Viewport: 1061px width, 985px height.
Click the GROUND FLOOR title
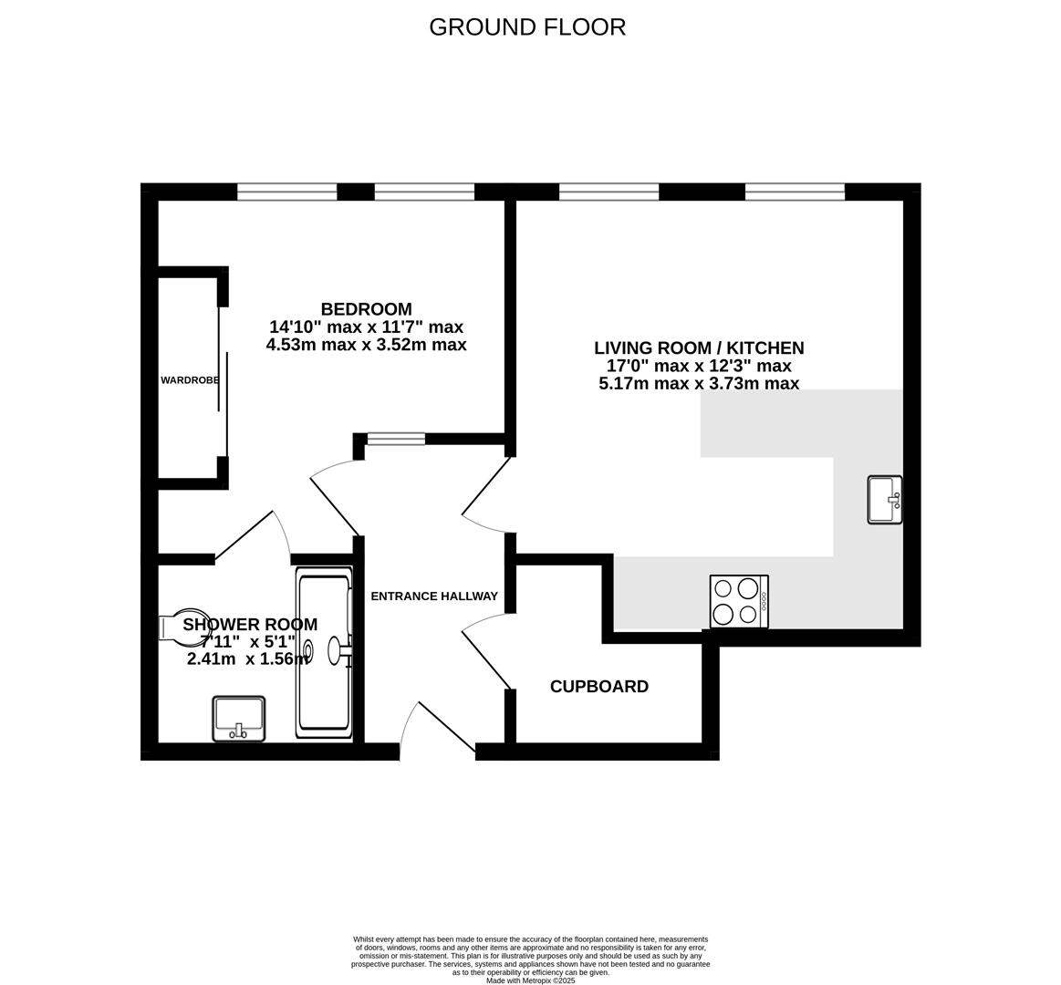click(x=527, y=27)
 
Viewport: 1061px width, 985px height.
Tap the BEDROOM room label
click(x=366, y=309)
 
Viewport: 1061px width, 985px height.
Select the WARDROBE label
click(x=190, y=380)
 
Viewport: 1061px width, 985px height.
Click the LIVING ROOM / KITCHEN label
click(x=699, y=347)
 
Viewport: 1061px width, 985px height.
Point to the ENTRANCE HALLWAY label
click(x=434, y=596)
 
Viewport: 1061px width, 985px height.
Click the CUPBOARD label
click(x=599, y=687)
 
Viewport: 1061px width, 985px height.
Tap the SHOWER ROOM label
click(x=250, y=625)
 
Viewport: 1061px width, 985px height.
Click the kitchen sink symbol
click(x=883, y=500)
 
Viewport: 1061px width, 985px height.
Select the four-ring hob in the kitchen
click(x=739, y=601)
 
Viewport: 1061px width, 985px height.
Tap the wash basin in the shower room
click(x=239, y=719)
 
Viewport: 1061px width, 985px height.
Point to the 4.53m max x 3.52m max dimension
click(x=366, y=345)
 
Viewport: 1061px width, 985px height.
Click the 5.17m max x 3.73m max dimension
click(x=699, y=384)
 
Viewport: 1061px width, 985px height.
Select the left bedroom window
click(x=287, y=192)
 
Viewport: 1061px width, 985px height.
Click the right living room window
click(x=795, y=192)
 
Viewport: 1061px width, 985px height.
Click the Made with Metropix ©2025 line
click(x=530, y=980)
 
